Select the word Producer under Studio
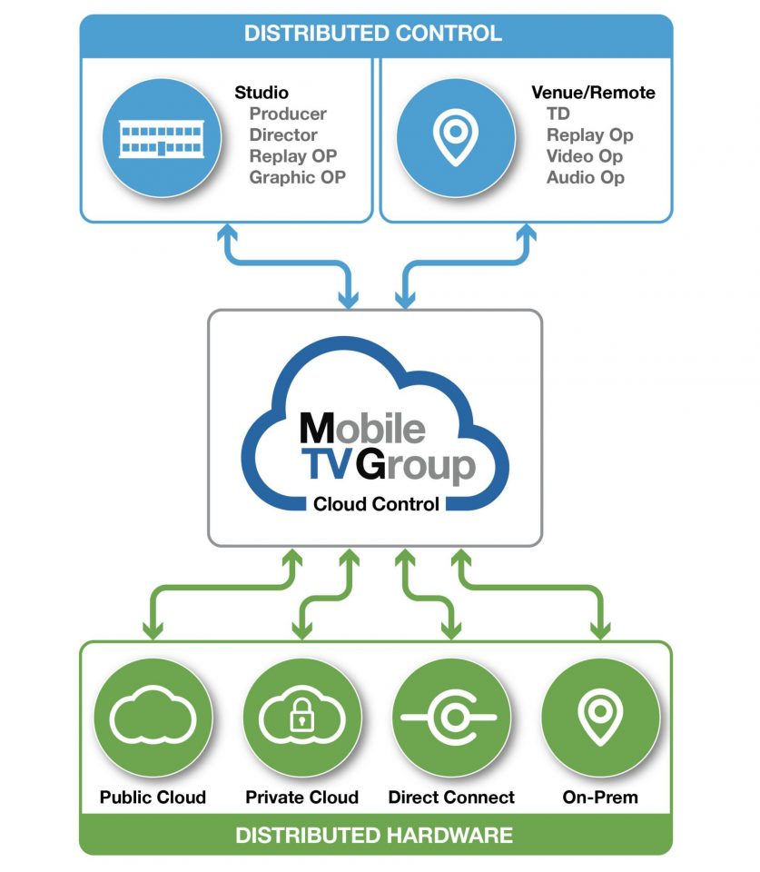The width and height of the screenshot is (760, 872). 288,114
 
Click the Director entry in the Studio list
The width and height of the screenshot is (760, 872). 283,135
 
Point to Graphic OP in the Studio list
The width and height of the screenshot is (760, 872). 298,177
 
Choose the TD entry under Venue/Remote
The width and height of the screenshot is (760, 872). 558,114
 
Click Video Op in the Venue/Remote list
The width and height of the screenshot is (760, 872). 585,156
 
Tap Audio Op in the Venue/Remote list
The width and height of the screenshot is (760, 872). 586,177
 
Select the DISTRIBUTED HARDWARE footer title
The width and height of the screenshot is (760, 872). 374,835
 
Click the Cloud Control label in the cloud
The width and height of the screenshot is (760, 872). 376,503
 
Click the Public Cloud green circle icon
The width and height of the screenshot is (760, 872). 153,717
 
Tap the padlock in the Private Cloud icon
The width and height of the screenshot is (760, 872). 300,719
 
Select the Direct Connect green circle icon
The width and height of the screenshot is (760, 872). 450,717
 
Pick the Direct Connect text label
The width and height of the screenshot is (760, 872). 451,798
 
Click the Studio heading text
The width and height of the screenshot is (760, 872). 262,93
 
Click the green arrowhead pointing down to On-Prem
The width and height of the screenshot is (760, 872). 600,630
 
